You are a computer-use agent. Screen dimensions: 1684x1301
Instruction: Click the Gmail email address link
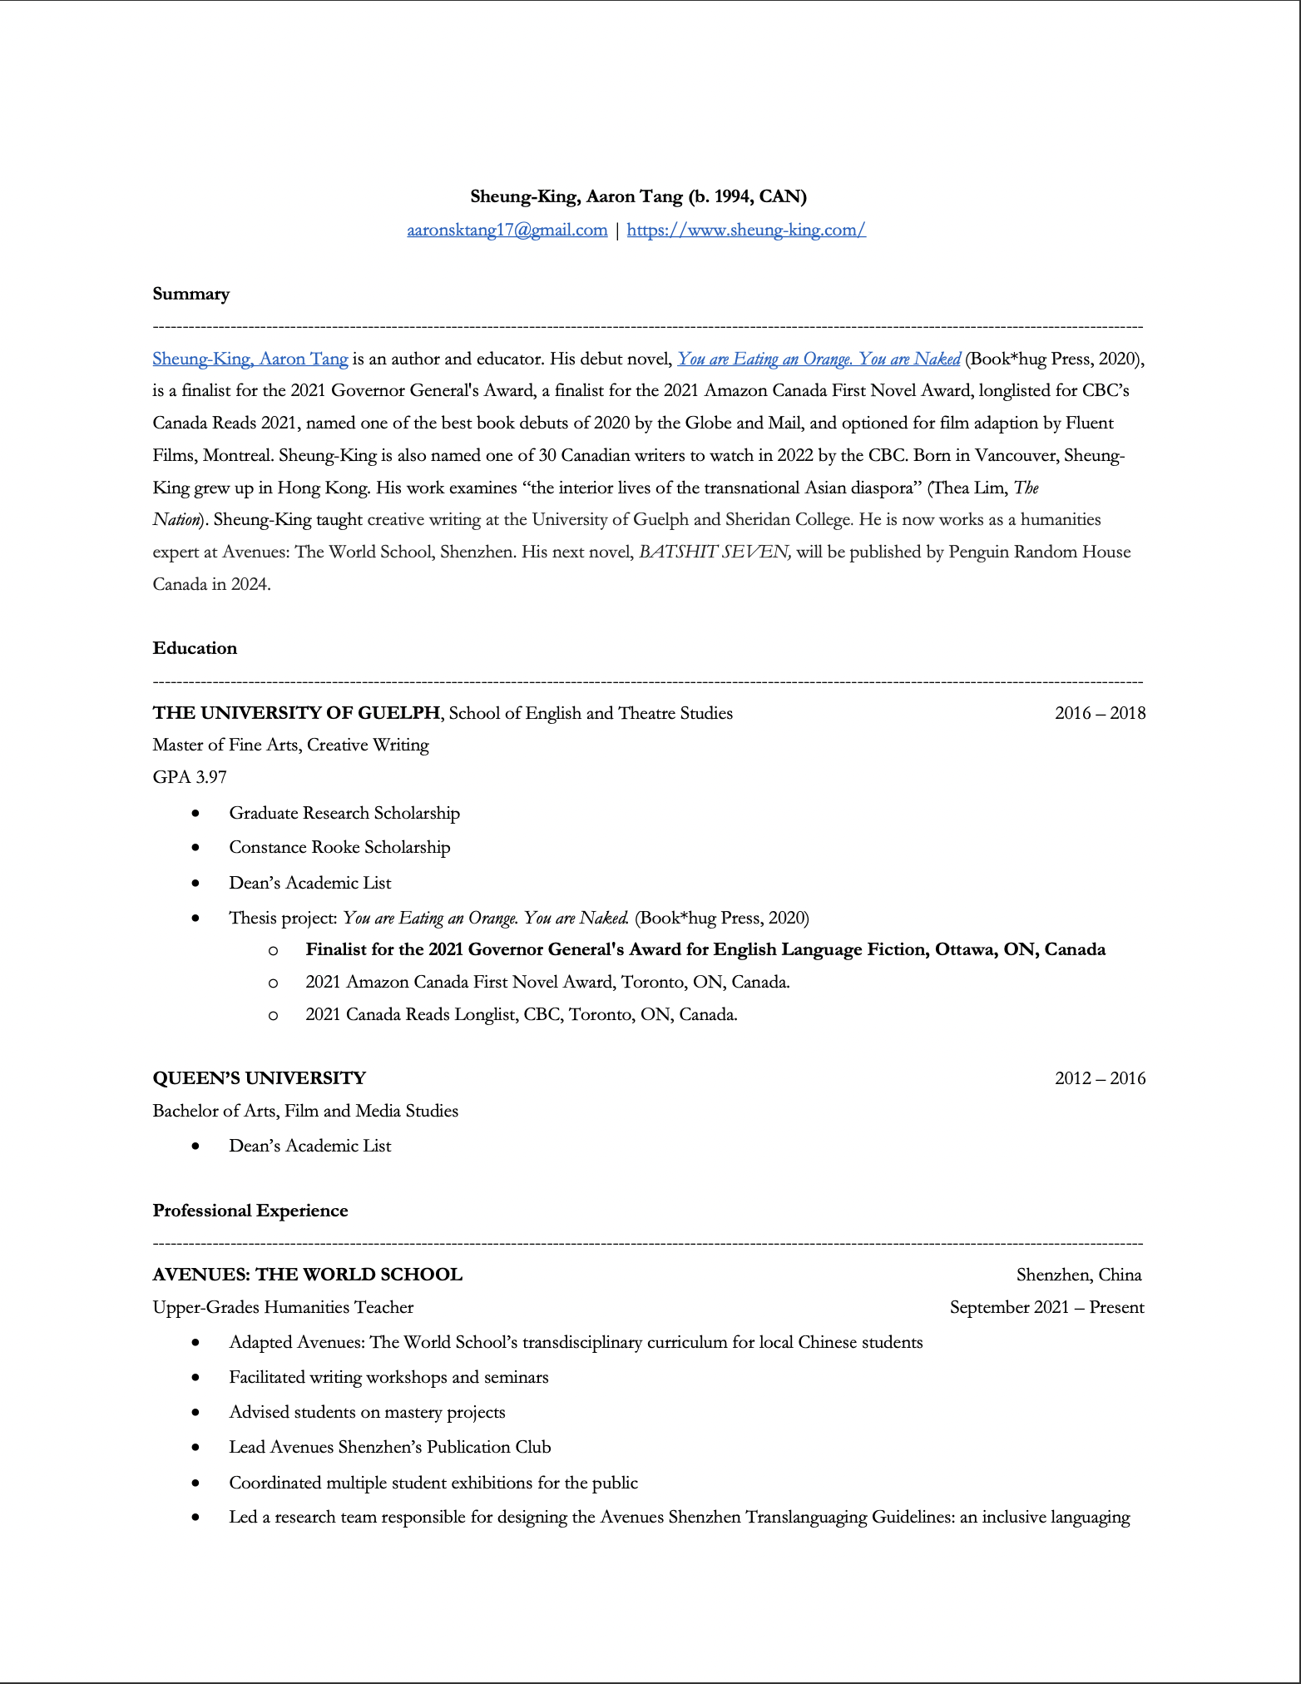507,230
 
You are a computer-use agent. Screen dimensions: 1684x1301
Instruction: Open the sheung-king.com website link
746,230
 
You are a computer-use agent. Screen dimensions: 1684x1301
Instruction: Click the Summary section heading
191,294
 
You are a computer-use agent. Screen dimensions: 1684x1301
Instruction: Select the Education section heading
195,648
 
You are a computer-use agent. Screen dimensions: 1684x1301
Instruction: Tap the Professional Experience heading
250,1211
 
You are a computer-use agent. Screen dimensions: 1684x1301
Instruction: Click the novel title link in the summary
819,359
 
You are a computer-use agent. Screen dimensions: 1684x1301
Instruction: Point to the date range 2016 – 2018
1100,713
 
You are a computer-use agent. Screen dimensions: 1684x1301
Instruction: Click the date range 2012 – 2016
1100,1078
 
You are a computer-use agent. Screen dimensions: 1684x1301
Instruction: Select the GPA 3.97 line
190,777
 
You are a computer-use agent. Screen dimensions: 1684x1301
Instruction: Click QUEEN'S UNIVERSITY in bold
260,1078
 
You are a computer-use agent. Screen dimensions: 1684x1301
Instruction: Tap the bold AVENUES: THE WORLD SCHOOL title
308,1275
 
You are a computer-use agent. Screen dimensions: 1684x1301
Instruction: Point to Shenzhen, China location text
1079,1275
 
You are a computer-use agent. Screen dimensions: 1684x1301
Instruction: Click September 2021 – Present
1046,1307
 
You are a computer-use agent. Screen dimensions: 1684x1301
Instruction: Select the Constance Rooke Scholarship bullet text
339,847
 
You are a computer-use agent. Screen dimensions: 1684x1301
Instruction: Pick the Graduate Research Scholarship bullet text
344,813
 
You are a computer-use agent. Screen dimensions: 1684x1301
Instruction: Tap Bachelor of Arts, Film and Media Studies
305,1111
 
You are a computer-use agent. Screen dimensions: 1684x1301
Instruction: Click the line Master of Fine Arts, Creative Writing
291,745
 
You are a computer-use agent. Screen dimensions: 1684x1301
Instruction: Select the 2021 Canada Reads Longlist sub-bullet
521,1014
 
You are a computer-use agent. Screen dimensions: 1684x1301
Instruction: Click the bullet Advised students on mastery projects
367,1412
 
